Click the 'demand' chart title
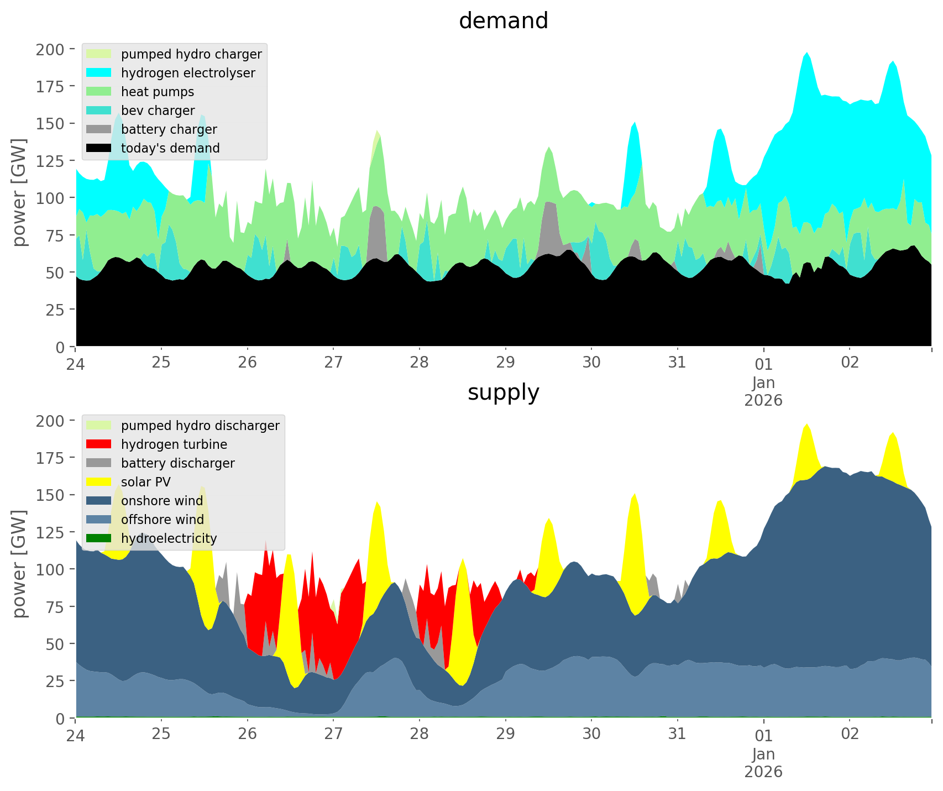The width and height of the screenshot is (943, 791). (503, 21)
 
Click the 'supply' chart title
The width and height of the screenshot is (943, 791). (503, 392)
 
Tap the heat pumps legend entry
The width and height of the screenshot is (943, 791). (157, 92)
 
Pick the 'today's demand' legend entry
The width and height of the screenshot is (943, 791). (170, 148)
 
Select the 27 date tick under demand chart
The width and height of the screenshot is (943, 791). (333, 363)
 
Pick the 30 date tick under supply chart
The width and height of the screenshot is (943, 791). (591, 734)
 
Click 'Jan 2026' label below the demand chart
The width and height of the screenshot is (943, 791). (763, 391)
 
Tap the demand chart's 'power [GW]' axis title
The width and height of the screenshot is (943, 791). (19, 192)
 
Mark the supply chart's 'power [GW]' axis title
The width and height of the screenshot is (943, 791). (19, 564)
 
